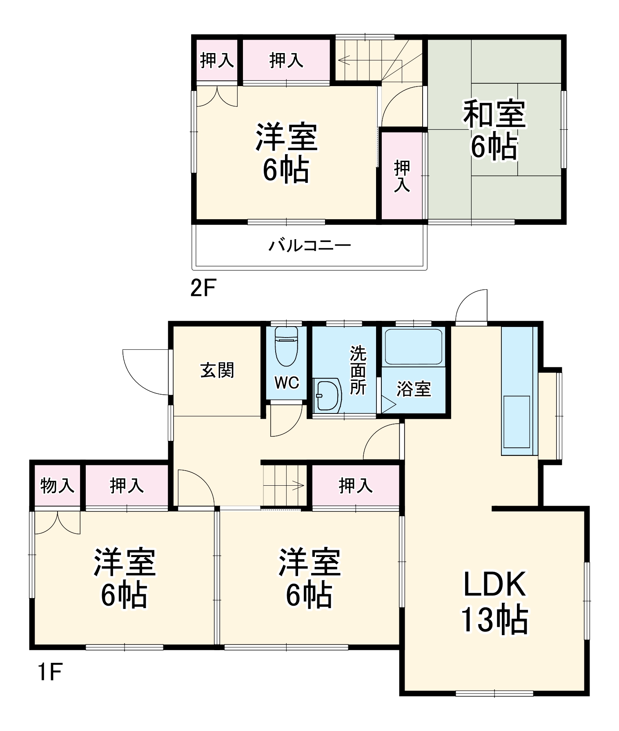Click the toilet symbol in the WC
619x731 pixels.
[x=286, y=347]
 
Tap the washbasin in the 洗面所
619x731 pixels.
[x=327, y=395]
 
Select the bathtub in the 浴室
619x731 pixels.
[x=414, y=347]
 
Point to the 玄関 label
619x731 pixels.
[x=217, y=371]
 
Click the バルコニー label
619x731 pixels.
[x=309, y=246]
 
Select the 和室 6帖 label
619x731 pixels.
[x=494, y=131]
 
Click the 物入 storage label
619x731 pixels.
[x=57, y=485]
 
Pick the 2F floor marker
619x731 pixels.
[x=203, y=289]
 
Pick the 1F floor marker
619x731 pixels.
[x=50, y=672]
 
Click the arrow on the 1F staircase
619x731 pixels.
[x=298, y=486]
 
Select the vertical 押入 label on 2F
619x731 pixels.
[x=402, y=176]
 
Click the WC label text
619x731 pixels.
[x=286, y=383]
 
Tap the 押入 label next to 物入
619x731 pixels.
[x=127, y=485]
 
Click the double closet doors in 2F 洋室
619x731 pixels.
[x=217, y=96]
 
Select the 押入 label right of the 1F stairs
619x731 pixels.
[x=355, y=485]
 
